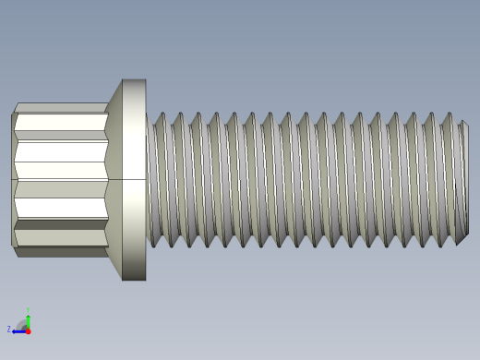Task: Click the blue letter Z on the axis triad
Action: coord(9,329)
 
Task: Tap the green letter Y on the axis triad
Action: coord(28,311)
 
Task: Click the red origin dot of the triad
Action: coord(28,330)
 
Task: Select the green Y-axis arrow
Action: coord(28,320)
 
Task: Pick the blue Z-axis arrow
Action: coord(18,330)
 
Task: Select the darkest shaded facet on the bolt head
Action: coord(60,224)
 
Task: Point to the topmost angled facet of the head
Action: coord(60,108)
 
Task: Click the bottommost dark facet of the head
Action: coord(60,252)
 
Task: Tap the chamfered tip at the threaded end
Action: coord(464,180)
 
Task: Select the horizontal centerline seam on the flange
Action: coord(134,179)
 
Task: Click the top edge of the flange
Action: coord(134,80)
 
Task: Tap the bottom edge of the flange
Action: coord(134,279)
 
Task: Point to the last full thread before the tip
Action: coord(448,180)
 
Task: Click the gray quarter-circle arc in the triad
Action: coord(21,323)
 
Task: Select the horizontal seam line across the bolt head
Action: coord(60,179)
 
